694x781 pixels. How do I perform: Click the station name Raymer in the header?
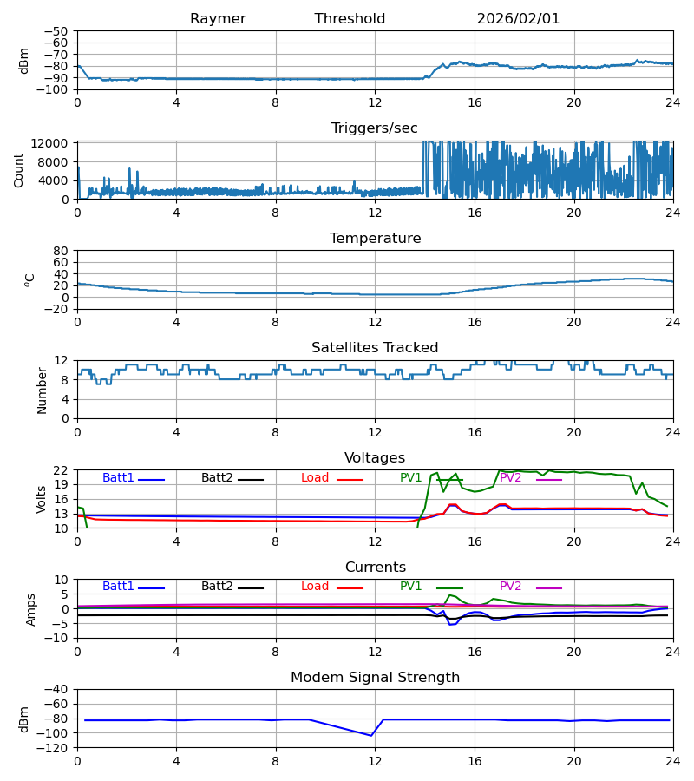pyautogui.click(x=218, y=19)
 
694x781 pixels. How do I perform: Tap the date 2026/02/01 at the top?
pyautogui.click(x=518, y=19)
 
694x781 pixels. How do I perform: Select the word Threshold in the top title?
pyautogui.click(x=350, y=19)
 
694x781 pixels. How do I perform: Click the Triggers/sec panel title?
pyautogui.click(x=375, y=128)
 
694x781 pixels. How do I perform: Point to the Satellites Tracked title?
pyautogui.click(x=375, y=348)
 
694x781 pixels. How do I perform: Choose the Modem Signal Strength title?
pyautogui.click(x=375, y=678)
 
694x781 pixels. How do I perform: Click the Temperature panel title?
pyautogui.click(x=375, y=239)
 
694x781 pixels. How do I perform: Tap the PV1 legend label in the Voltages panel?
pyautogui.click(x=411, y=478)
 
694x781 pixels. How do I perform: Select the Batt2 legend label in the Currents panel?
pyautogui.click(x=217, y=587)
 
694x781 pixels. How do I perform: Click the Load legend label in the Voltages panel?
pyautogui.click(x=315, y=478)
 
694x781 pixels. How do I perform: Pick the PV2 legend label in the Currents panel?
pyautogui.click(x=510, y=587)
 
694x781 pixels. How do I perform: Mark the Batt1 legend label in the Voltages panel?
pyautogui.click(x=118, y=478)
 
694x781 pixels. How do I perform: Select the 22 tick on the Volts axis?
pyautogui.click(x=63, y=470)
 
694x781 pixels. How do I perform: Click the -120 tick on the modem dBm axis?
pyautogui.click(x=56, y=747)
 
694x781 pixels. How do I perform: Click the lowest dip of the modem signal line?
pyautogui.click(x=371, y=736)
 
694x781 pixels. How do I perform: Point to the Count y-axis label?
pyautogui.click(x=19, y=170)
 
